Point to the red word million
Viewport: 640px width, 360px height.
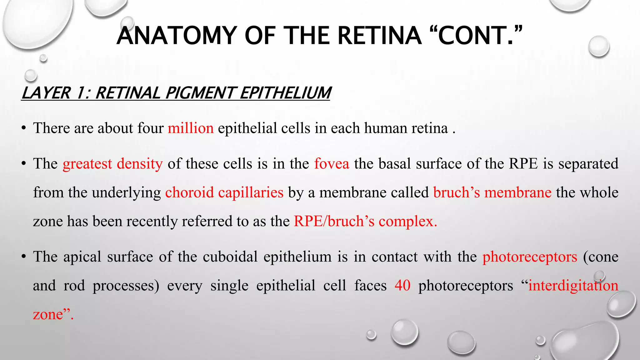tap(191, 128)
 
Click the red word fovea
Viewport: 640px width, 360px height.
tap(332, 163)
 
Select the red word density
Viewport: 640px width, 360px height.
tap(140, 163)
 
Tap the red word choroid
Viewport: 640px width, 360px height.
tap(189, 192)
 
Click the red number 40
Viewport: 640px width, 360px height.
tap(402, 285)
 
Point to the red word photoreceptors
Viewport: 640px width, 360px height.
tap(530, 257)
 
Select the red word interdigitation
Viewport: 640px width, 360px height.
tap(573, 285)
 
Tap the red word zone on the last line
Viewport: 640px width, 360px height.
tap(48, 314)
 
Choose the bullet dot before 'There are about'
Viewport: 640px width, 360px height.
tap(23, 128)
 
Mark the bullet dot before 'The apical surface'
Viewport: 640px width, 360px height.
tap(23, 257)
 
